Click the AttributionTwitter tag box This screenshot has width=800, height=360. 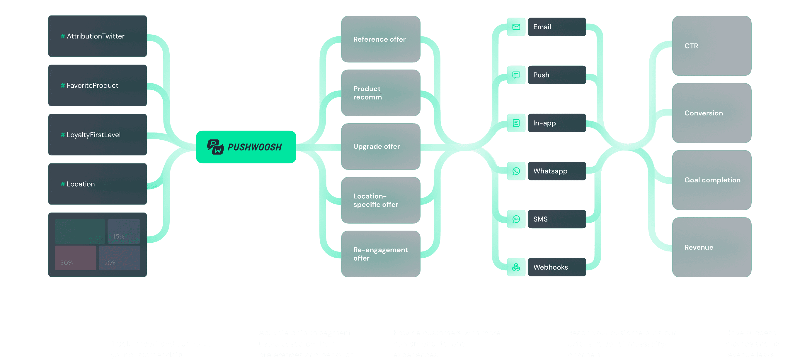tap(98, 36)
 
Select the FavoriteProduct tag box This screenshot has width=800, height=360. tap(98, 85)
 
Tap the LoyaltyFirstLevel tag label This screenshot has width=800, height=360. tap(93, 135)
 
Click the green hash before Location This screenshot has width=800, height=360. tap(63, 184)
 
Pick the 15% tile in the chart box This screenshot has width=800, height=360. tap(124, 231)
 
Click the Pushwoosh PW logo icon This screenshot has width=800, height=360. tap(215, 147)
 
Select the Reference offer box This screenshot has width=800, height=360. tap(380, 39)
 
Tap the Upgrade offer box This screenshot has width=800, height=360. tap(380, 146)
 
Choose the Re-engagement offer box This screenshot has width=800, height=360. tap(380, 254)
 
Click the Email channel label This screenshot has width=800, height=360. tap(542, 27)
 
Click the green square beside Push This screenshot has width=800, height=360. tap(516, 75)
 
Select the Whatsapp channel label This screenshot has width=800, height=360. tap(550, 171)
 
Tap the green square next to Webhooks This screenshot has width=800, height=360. tap(516, 267)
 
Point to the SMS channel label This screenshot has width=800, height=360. tap(540, 219)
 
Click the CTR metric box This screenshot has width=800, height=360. tap(712, 46)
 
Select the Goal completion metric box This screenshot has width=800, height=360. tap(712, 180)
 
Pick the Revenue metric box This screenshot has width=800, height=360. tap(712, 247)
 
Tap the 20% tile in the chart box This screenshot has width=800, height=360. tap(119, 258)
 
